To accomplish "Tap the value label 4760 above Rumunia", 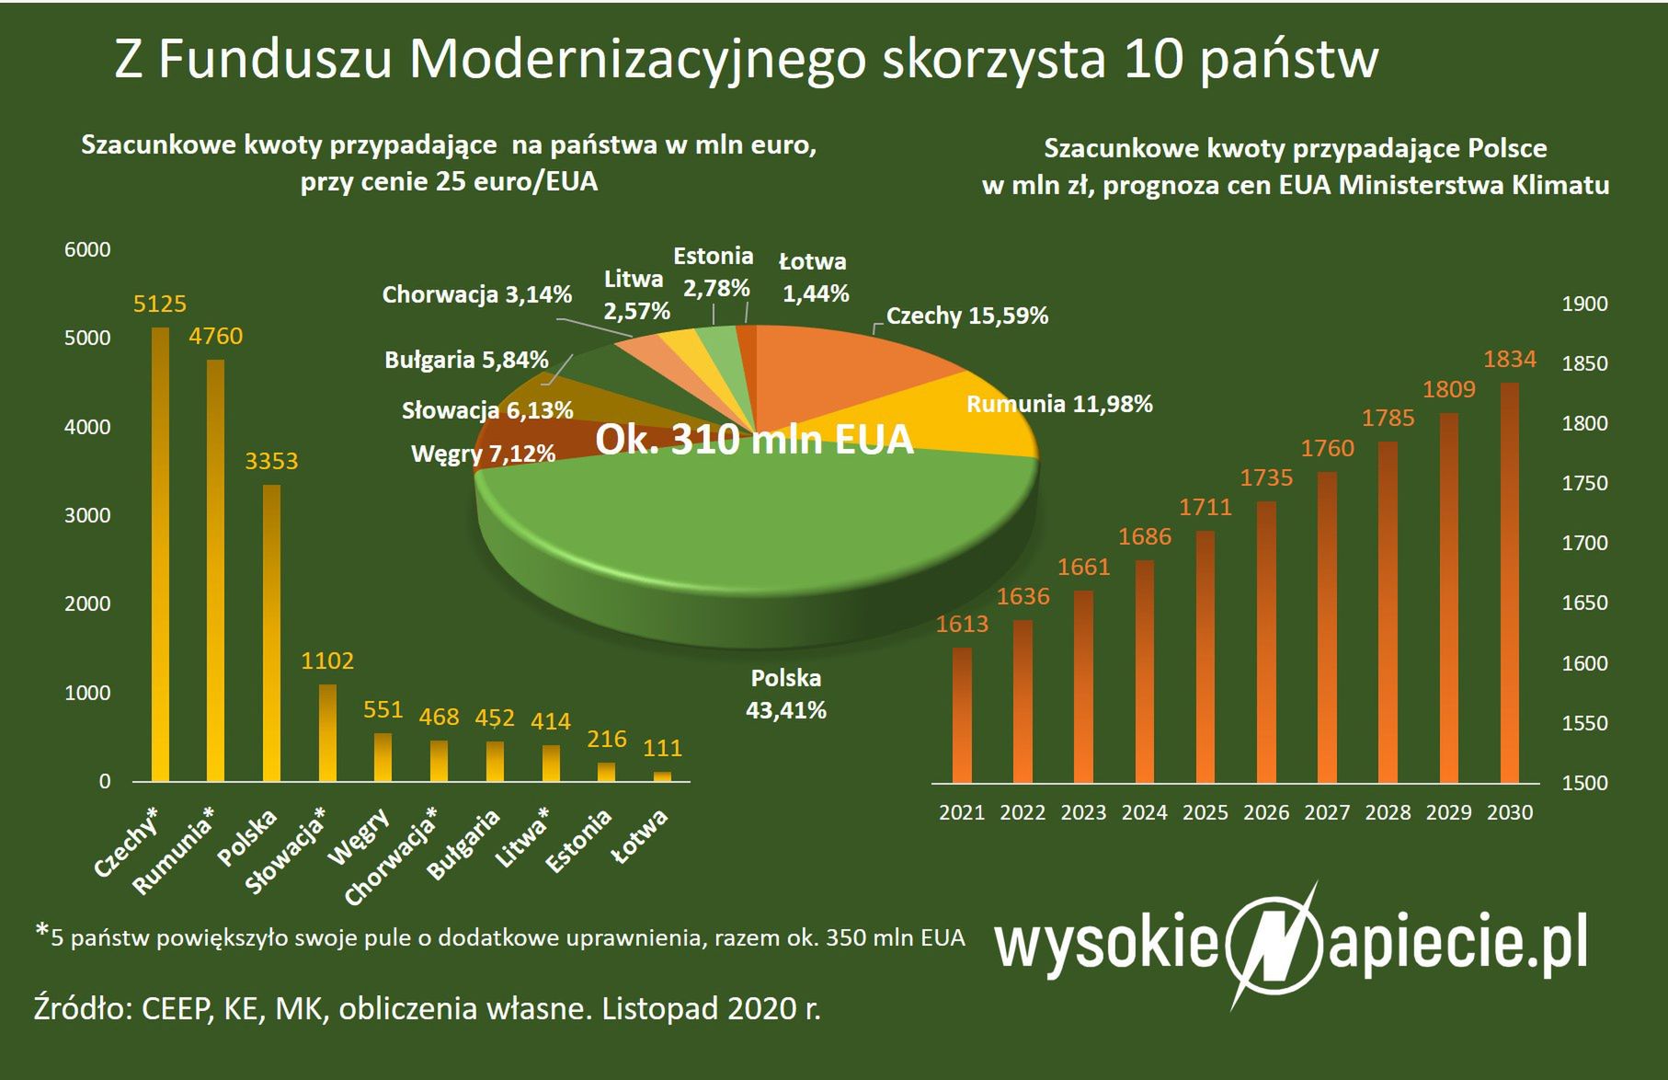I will click(216, 337).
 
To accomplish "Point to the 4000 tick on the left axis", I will click(87, 427).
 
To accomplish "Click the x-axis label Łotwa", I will click(641, 836).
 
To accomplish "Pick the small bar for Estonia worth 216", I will click(606, 772).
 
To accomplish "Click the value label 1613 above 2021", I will click(962, 624).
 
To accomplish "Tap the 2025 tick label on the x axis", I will click(1205, 812).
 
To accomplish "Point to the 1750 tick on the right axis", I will click(1585, 484).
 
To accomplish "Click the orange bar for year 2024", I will click(1145, 672).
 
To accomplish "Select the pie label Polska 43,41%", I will click(786, 695).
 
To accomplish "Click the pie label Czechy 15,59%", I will click(967, 316).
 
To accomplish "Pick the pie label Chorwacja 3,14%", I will click(477, 295).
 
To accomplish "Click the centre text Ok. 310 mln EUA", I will click(754, 441).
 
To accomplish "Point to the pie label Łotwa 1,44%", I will click(814, 277).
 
